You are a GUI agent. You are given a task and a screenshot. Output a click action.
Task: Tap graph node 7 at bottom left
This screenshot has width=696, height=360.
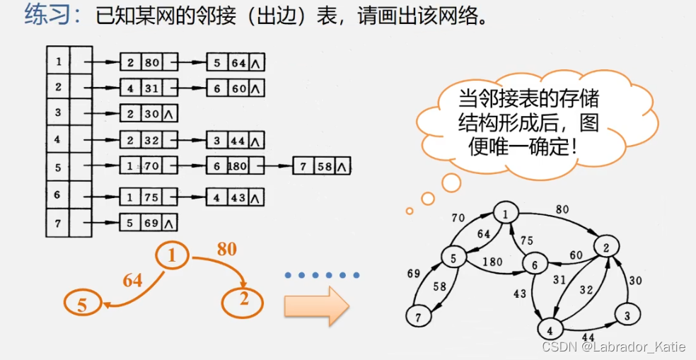click(x=418, y=317)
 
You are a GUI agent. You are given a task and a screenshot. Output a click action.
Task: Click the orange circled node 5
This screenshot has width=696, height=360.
click(x=83, y=304)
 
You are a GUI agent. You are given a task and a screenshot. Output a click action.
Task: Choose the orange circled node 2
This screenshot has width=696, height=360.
click(x=243, y=301)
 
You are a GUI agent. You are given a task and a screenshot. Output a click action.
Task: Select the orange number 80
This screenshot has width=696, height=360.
click(x=227, y=249)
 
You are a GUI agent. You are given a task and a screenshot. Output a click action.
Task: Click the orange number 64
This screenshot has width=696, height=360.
click(x=132, y=281)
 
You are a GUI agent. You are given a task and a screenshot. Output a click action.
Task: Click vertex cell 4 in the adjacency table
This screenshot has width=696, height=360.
click(x=58, y=140)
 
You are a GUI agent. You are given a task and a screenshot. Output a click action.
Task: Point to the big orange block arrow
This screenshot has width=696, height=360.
click(x=316, y=306)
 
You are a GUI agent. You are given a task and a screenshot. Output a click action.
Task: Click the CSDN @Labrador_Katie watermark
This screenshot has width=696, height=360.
click(x=613, y=347)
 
